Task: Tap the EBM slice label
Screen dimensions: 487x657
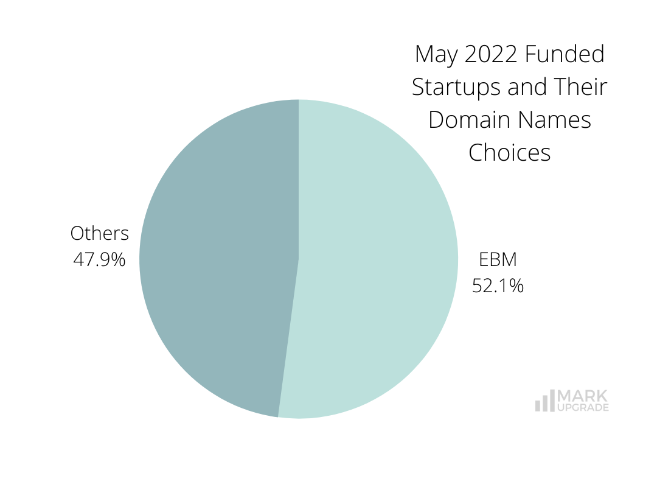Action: click(x=498, y=260)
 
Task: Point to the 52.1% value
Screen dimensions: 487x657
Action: click(x=498, y=286)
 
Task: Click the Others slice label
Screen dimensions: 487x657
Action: click(x=100, y=234)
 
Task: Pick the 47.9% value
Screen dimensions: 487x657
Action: click(x=100, y=260)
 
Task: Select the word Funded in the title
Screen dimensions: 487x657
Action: click(x=565, y=55)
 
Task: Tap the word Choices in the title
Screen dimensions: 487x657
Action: click(x=509, y=152)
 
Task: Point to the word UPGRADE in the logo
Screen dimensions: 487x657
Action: click(x=583, y=407)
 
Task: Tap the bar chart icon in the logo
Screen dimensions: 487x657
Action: click(x=544, y=401)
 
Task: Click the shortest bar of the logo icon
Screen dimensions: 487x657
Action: click(x=537, y=405)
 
